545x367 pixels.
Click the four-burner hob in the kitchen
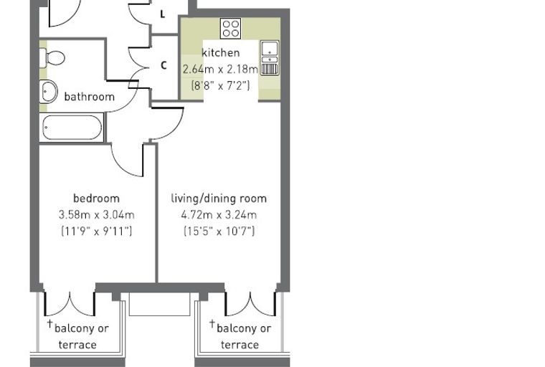click(231, 29)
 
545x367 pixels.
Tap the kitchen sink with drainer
click(270, 58)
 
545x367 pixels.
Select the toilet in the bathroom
click(52, 57)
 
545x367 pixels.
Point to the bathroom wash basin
click(48, 92)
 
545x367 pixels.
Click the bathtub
click(72, 128)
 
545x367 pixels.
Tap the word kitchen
click(221, 53)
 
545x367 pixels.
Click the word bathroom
click(90, 97)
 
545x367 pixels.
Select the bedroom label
click(96, 199)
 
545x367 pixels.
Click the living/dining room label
click(219, 199)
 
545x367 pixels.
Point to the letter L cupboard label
click(162, 14)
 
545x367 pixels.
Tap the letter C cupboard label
click(163, 65)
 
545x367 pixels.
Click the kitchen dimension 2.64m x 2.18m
click(220, 70)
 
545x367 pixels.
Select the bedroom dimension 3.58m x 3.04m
click(96, 215)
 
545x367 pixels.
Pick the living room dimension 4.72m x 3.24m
click(219, 215)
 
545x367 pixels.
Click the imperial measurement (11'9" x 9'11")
click(96, 231)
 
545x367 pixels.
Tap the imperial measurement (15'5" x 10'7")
click(219, 231)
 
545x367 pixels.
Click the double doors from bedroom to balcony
click(70, 304)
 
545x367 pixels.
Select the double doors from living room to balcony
click(250, 304)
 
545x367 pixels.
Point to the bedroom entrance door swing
click(127, 160)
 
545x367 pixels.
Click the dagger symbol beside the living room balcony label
click(212, 323)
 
